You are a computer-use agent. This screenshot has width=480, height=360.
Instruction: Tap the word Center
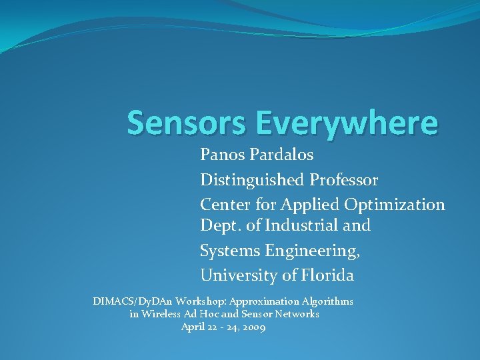(x=224, y=204)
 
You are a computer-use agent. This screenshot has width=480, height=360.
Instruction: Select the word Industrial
(x=302, y=225)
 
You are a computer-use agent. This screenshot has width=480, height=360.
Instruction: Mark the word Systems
(x=230, y=251)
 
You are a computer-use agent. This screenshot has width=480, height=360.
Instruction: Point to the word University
(x=237, y=275)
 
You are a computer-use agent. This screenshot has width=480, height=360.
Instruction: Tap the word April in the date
(x=192, y=327)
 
